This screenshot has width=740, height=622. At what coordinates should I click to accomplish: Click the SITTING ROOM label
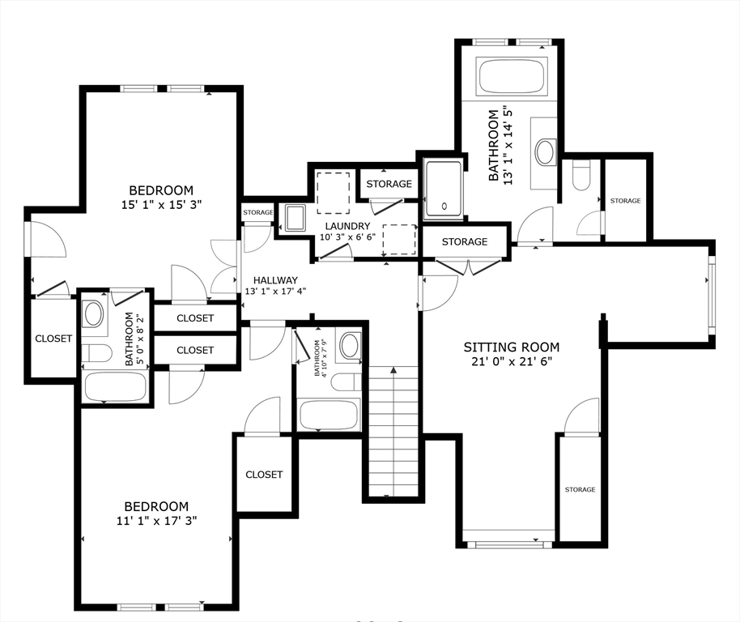(512, 347)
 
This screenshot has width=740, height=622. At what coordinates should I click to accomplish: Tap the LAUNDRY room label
(347, 226)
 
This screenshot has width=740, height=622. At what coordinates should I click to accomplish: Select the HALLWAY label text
(275, 280)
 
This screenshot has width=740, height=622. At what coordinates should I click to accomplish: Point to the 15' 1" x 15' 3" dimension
(161, 205)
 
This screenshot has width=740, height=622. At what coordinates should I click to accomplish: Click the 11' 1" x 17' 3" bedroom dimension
(157, 521)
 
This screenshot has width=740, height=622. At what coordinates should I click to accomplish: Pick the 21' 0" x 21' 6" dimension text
(512, 362)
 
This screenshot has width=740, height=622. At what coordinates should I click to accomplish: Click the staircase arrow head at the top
(393, 370)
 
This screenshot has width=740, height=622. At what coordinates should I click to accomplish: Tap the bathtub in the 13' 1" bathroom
(512, 75)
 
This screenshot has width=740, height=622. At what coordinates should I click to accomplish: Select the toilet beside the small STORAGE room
(581, 175)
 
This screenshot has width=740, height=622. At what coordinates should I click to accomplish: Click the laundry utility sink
(296, 219)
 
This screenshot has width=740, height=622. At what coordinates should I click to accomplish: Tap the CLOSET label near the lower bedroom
(264, 475)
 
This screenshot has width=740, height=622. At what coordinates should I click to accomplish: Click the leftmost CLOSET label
(53, 339)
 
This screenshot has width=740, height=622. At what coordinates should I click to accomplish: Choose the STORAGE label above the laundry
(389, 184)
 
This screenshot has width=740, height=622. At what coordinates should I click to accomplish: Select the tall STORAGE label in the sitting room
(580, 489)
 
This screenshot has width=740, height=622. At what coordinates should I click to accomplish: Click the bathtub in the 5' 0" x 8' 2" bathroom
(116, 387)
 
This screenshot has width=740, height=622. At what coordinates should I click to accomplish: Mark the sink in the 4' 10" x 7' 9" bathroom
(349, 345)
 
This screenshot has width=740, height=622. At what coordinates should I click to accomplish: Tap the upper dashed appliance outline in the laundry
(334, 193)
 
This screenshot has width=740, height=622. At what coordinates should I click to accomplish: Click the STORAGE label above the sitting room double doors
(465, 241)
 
